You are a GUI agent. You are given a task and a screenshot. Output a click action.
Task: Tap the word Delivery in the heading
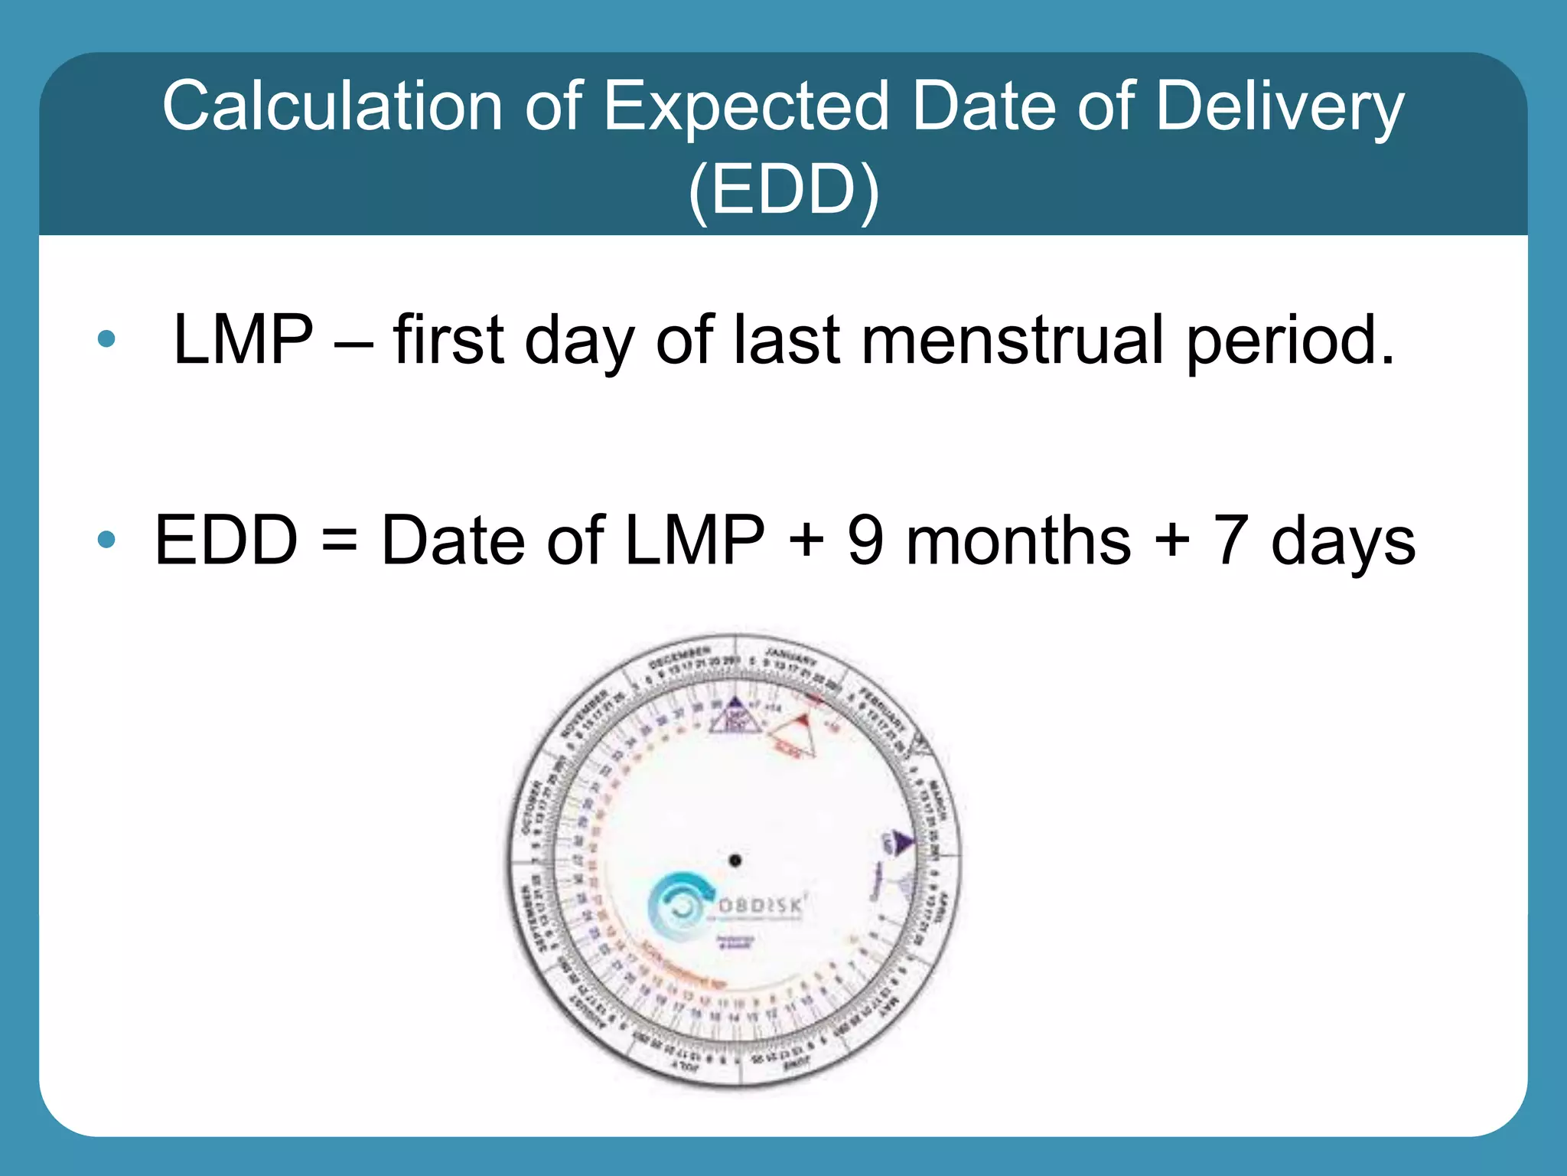tap(1279, 107)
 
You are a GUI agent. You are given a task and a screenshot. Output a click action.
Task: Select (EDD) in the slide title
tap(783, 190)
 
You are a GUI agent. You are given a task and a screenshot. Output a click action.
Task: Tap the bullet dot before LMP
tap(106, 338)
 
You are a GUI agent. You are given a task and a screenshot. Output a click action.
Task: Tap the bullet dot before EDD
tap(106, 540)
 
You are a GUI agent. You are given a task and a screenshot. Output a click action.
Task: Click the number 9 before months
tap(865, 541)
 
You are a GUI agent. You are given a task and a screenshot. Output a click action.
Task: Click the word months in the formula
tap(1018, 541)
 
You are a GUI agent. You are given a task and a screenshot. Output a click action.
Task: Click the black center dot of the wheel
tap(735, 860)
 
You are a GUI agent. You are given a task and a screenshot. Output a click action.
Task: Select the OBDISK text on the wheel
tap(760, 906)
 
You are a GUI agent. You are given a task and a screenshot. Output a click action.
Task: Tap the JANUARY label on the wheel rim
tap(791, 656)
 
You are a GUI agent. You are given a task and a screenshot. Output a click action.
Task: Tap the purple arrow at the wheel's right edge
tap(903, 842)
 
